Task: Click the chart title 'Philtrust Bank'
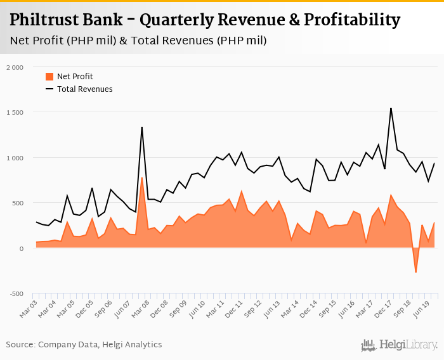pyautogui.click(x=205, y=20)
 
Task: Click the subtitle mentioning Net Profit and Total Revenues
pyautogui.click(x=138, y=41)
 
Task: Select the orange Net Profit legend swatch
pyautogui.click(x=49, y=77)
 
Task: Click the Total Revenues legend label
pyautogui.click(x=84, y=89)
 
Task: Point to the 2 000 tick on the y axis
pyautogui.click(x=13, y=67)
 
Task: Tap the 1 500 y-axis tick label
pyautogui.click(x=14, y=113)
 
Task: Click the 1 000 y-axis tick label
pyautogui.click(x=14, y=158)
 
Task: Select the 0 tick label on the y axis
pyautogui.click(x=20, y=248)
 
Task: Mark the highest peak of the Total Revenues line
pyautogui.click(x=391, y=108)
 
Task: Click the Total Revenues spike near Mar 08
pyautogui.click(x=141, y=127)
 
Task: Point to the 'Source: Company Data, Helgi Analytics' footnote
pyautogui.click(x=84, y=345)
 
